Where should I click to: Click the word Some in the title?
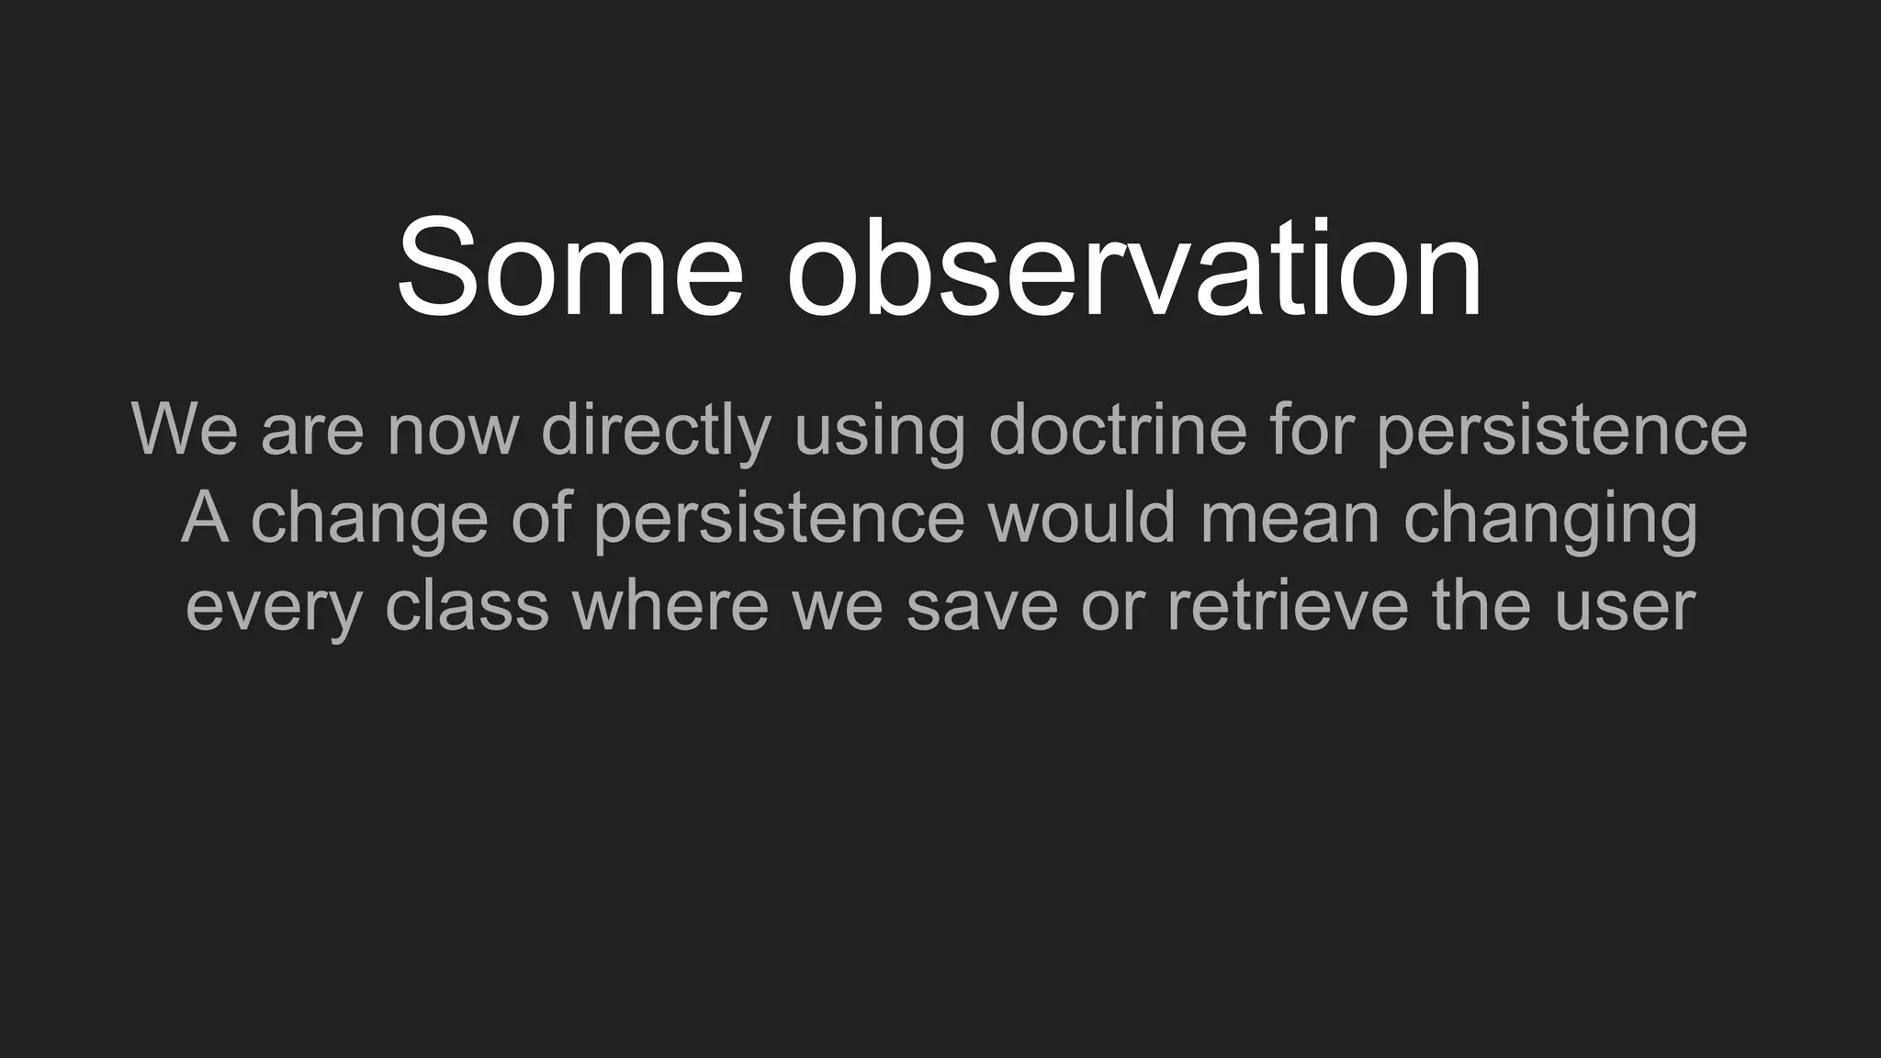click(x=569, y=268)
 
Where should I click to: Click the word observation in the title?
click(x=1134, y=268)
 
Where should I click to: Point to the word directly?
click(x=656, y=429)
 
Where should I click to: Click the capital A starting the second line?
click(x=204, y=517)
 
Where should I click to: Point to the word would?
click(x=1081, y=517)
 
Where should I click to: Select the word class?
click(x=467, y=605)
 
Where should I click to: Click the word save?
click(x=982, y=605)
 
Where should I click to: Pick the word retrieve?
click(x=1287, y=605)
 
